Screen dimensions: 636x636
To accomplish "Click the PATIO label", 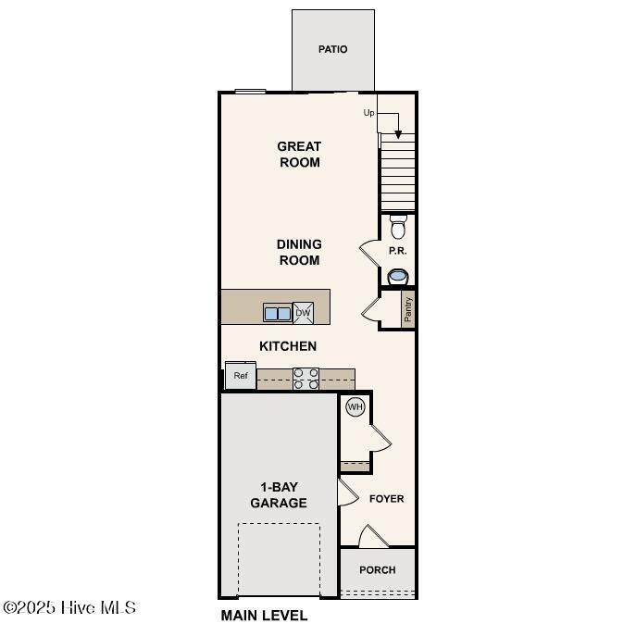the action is [332, 49].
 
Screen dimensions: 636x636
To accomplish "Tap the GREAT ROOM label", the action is [299, 154].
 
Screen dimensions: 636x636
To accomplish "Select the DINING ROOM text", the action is [299, 253].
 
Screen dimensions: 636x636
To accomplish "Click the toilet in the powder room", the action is [398, 227].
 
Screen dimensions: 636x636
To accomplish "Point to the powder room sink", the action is [397, 277].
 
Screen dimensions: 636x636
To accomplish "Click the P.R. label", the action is [397, 251].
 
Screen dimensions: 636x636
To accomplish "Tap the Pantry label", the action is [408, 309].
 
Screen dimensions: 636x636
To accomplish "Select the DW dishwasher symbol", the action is [303, 313].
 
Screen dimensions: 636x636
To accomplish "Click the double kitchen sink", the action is [278, 313].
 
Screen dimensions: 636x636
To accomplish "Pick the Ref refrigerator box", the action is [241, 376].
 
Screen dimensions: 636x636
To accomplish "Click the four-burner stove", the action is [306, 379].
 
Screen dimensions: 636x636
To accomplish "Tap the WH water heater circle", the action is [355, 406].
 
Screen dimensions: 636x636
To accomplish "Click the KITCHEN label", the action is [288, 346].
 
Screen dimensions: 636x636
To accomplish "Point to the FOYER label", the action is [387, 498].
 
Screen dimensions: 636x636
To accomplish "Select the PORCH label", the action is [377, 570].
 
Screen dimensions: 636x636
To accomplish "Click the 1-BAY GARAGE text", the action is [279, 495].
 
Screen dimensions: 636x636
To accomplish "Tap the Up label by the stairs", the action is [368, 113].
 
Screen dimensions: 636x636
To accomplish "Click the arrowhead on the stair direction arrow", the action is [398, 134].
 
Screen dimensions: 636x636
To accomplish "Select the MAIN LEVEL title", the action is [264, 616].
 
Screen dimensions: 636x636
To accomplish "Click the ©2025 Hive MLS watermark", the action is [69, 607].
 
